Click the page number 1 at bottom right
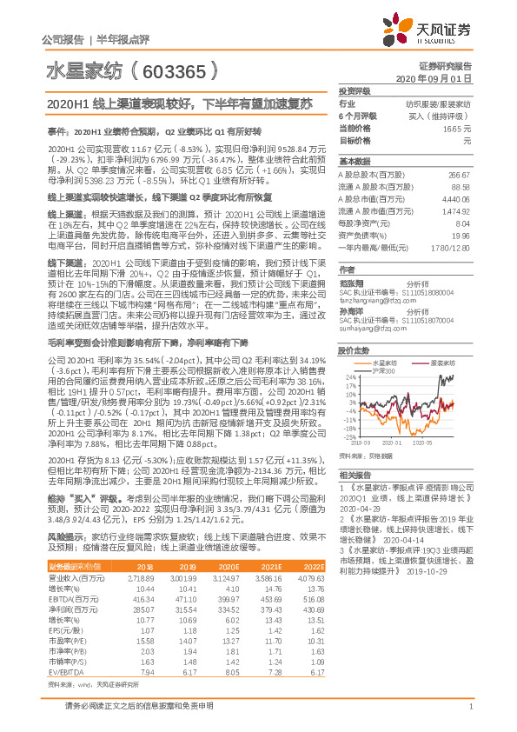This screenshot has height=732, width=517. pyautogui.click(x=469, y=715)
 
